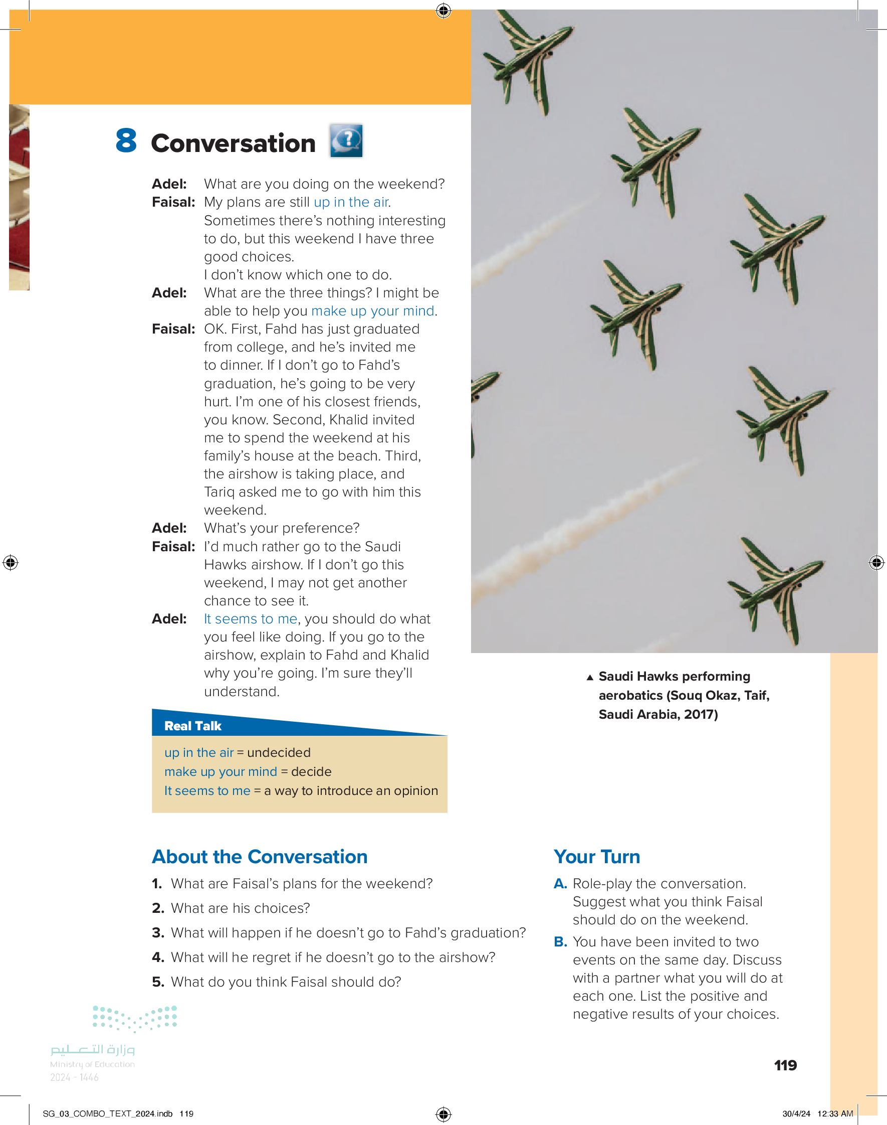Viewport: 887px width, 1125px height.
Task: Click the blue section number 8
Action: point(126,141)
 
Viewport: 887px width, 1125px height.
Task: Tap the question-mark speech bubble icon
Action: point(346,140)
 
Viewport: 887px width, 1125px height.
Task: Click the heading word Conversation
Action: point(233,143)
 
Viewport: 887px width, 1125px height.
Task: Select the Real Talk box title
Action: point(192,726)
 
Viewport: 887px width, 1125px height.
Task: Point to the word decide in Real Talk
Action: point(311,772)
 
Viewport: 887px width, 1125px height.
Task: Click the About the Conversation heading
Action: point(260,857)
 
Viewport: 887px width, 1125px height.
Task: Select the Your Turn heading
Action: point(597,857)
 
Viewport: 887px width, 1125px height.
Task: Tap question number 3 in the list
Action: point(158,933)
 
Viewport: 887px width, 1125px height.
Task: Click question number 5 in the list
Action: point(158,982)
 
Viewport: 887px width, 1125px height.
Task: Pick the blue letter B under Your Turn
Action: point(560,941)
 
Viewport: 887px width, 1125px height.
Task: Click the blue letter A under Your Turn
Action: point(560,883)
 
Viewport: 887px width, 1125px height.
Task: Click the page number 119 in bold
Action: point(785,1065)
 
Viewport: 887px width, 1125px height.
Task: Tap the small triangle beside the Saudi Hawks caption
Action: point(590,677)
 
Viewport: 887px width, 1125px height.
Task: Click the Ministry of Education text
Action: point(92,1064)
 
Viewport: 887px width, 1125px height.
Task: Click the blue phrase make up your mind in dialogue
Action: point(372,311)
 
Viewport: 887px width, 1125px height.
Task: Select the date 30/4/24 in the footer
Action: point(796,1113)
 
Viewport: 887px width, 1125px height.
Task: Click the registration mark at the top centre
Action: point(443,11)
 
